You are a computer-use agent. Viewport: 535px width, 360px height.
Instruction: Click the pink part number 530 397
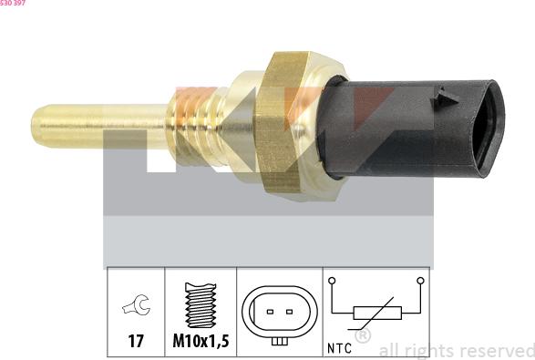(13, 3)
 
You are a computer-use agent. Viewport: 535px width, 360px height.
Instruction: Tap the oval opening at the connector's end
(488, 129)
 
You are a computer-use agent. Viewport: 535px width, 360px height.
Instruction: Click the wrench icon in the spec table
(136, 304)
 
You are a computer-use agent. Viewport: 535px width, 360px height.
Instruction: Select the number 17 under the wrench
(136, 341)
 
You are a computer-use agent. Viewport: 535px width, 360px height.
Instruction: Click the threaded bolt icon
(201, 305)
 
